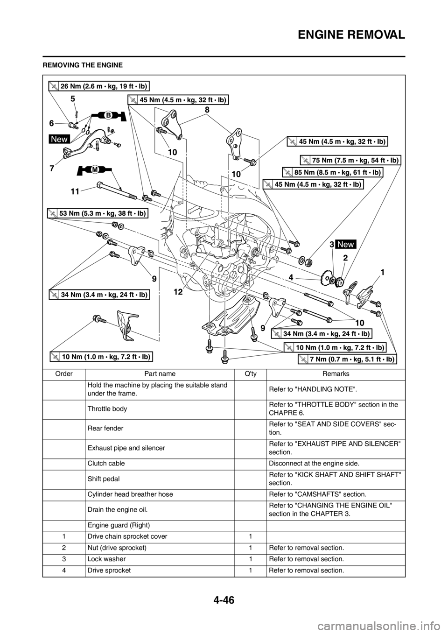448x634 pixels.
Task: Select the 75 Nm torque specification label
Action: click(x=350, y=160)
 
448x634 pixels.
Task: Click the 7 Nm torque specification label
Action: click(x=347, y=359)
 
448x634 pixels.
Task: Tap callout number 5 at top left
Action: click(x=73, y=99)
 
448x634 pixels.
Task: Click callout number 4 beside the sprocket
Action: click(x=291, y=277)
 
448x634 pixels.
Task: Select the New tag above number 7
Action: click(x=59, y=139)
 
